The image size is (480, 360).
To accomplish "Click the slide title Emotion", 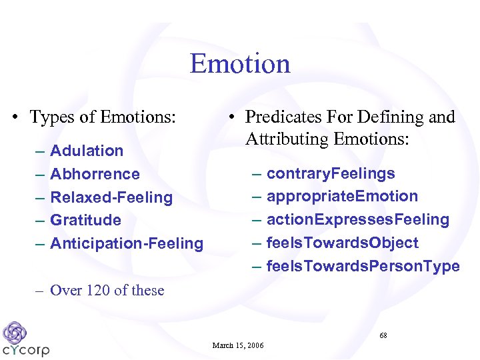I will click(240, 64).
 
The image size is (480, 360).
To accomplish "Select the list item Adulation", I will click(87, 151).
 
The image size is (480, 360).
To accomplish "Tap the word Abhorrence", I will click(95, 174).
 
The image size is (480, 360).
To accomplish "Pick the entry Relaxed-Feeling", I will click(111, 197).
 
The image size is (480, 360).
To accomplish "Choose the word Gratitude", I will click(85, 220).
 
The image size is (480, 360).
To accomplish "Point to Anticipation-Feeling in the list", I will click(127, 243).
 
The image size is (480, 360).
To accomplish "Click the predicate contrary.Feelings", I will click(331, 173).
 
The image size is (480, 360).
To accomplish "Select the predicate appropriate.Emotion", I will click(342, 196).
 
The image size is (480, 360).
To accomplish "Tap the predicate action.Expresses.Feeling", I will click(358, 219).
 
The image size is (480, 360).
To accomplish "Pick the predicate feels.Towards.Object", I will click(343, 243).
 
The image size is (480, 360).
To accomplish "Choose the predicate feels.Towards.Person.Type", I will click(363, 266).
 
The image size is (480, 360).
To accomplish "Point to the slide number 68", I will click(383, 335).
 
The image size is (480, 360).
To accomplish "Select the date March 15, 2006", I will click(238, 345).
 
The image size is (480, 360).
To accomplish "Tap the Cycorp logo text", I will click(26, 350).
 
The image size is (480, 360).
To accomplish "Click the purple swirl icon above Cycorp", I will click(14, 331).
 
